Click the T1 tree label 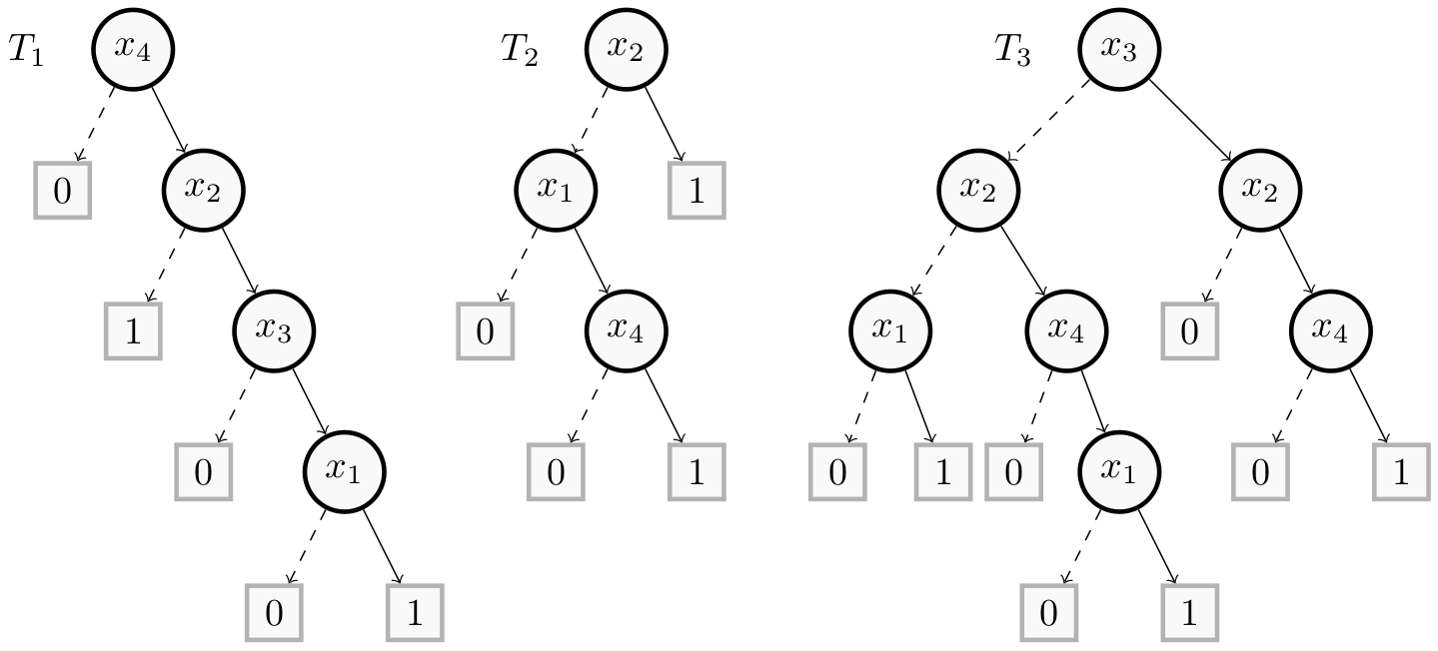click(26, 50)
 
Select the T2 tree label click(520, 50)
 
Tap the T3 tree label click(1012, 50)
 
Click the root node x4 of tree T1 click(132, 48)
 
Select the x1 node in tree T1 click(344, 469)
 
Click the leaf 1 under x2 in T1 click(133, 329)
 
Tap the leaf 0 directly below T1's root click(62, 189)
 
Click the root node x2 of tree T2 click(625, 48)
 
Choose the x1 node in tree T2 click(555, 189)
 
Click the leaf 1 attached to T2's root click(696, 189)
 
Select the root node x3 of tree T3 click(1118, 48)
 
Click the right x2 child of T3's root click(1259, 189)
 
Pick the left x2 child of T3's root click(977, 189)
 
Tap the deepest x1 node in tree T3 click(1118, 469)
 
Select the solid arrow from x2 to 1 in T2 click(663, 122)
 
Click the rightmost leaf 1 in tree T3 click(1400, 471)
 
